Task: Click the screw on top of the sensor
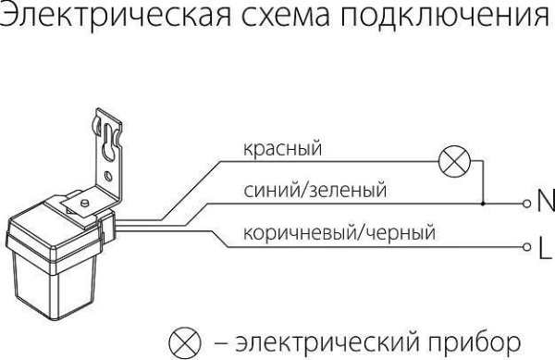click(x=84, y=197)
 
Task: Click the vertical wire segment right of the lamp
click(x=482, y=180)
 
